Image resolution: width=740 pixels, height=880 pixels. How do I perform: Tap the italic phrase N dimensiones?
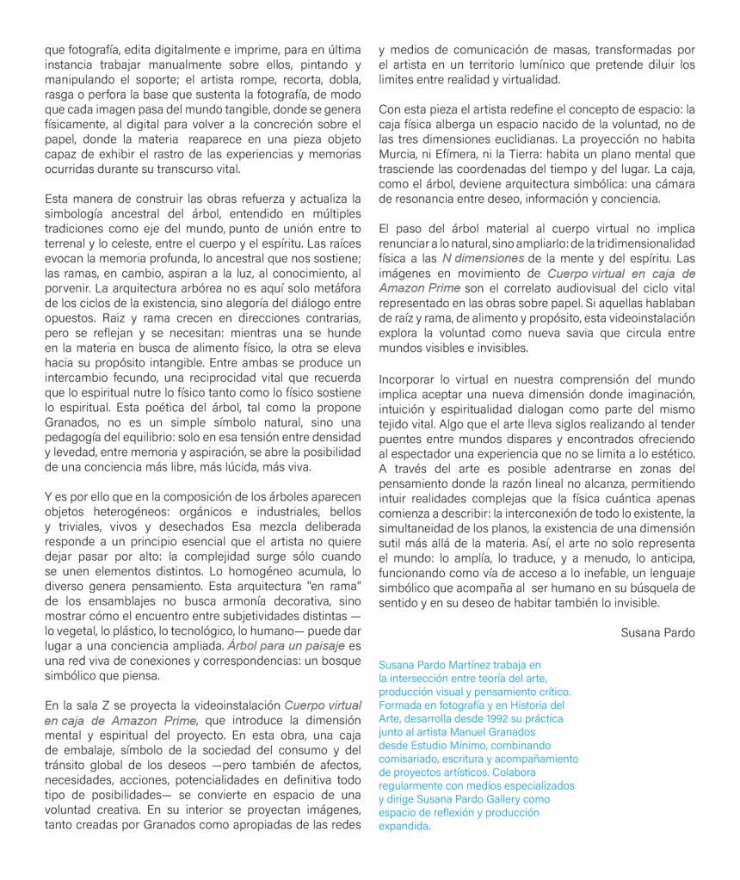[483, 258]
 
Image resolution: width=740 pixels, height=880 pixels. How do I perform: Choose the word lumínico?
[516, 65]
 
